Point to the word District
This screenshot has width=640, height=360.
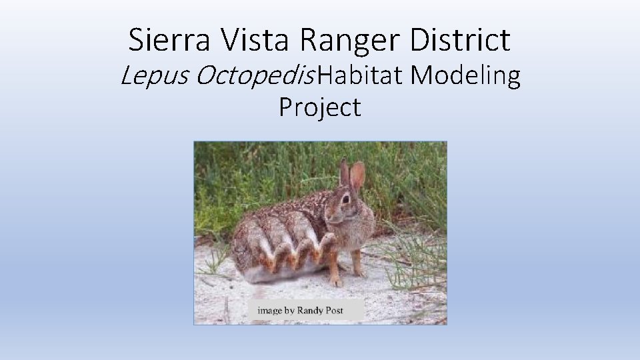point(461,40)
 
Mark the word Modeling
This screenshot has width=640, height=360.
point(465,77)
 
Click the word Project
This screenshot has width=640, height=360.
point(320,107)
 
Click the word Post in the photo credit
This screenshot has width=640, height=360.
point(345,310)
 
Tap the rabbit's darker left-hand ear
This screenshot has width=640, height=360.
point(344,172)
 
